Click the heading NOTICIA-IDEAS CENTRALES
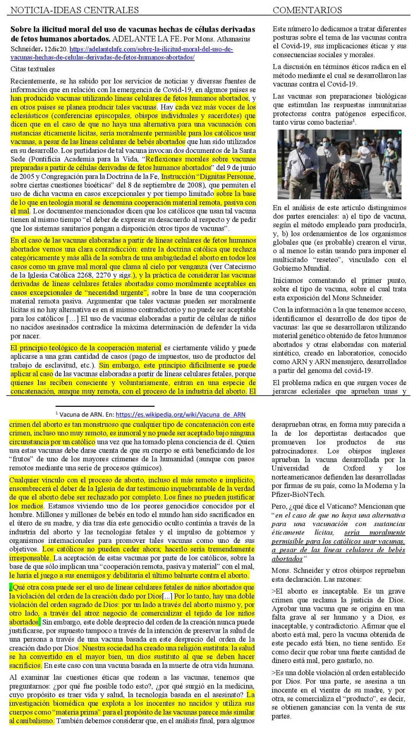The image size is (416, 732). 74,10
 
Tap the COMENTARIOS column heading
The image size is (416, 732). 307,10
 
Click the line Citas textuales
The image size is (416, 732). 32,69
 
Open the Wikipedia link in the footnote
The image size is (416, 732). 180,414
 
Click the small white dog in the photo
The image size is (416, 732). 390,187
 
